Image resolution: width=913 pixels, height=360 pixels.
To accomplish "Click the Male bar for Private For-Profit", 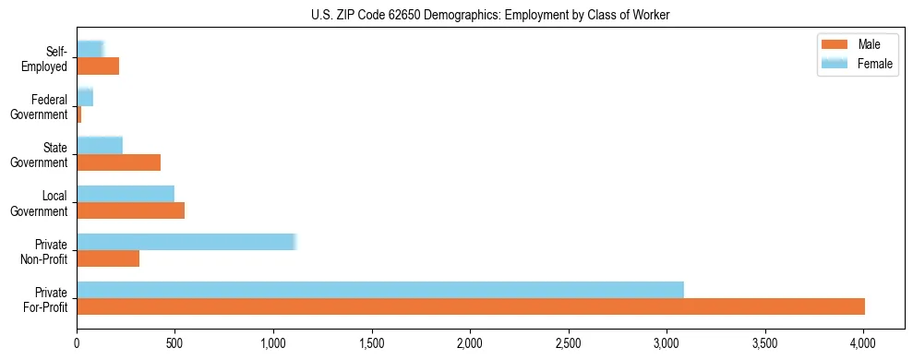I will point(471,306).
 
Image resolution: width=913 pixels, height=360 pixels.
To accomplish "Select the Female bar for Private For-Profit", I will point(380,289).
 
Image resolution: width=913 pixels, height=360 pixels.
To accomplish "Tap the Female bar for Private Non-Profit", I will point(186,241).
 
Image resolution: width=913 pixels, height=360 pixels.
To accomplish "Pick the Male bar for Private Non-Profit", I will point(108,258).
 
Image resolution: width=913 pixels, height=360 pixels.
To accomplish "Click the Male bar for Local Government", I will point(130,210).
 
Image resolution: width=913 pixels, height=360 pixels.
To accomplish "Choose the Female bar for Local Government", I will point(126,193).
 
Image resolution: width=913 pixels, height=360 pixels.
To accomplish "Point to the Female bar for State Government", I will point(100,145).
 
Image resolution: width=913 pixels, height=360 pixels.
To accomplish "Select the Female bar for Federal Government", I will point(85,97).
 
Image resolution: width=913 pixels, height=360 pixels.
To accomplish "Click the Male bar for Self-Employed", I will point(98,66).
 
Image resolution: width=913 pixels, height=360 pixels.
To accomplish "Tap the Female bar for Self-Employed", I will point(90,49).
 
